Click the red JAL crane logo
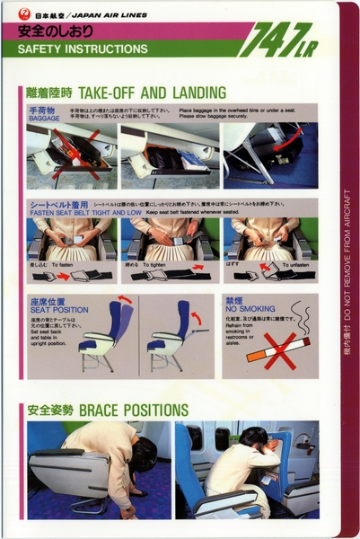click(23, 13)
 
